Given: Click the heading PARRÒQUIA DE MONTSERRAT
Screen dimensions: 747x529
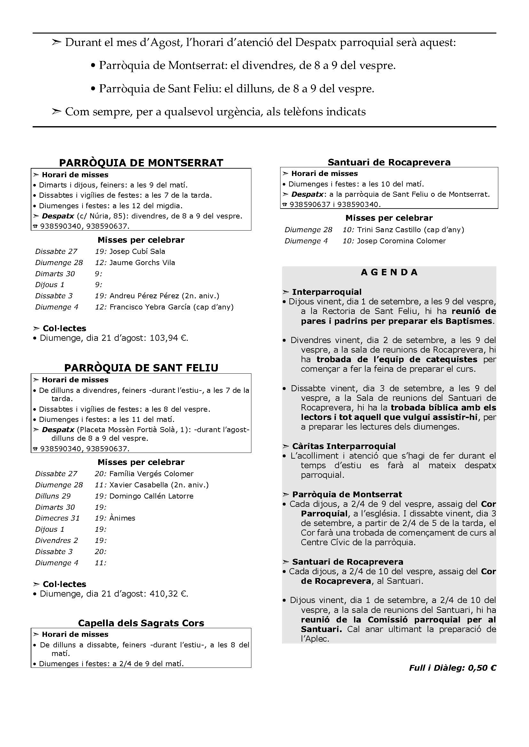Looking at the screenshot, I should click(x=141, y=162).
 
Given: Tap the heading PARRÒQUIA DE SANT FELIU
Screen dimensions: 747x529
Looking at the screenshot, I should click(x=141, y=368).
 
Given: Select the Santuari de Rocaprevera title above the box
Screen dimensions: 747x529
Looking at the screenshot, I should click(x=389, y=162).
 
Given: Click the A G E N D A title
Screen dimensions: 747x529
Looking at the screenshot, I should click(x=389, y=272).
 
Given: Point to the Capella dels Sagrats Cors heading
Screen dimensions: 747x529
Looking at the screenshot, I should click(x=141, y=623).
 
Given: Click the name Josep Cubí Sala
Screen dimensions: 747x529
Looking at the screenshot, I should click(x=137, y=251).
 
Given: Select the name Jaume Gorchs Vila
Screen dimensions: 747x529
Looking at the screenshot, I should click(x=142, y=262).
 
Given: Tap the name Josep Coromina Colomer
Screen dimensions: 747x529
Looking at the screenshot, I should click(x=401, y=241).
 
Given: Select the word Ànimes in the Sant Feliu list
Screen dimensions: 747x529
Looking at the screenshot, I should click(x=122, y=518).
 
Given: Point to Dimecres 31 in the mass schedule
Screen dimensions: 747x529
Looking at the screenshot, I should click(x=57, y=518).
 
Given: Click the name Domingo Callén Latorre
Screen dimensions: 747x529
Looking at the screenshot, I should click(x=151, y=496).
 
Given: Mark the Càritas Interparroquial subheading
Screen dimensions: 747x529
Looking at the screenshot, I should click(x=343, y=446).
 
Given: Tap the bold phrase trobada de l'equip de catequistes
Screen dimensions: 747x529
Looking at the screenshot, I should click(x=397, y=359).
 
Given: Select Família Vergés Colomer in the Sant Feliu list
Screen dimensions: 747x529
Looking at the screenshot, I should click(x=151, y=474).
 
